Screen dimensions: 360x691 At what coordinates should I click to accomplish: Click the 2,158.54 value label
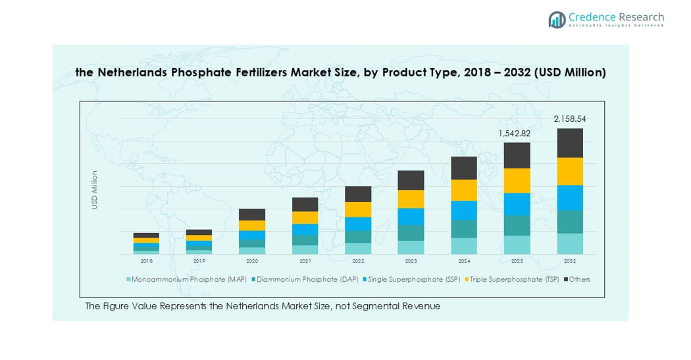click(x=570, y=119)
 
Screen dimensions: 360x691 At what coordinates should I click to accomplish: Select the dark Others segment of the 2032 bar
click(x=570, y=143)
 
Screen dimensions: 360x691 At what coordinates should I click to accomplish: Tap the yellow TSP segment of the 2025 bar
click(x=517, y=180)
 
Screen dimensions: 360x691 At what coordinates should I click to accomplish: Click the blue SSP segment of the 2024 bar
click(x=464, y=210)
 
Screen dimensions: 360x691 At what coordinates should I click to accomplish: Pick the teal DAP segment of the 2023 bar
click(x=411, y=233)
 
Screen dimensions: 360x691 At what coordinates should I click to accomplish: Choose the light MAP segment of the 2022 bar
click(x=358, y=248)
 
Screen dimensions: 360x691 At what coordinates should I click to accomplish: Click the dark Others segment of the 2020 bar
click(x=252, y=215)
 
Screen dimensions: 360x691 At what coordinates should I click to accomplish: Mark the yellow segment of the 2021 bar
click(x=305, y=217)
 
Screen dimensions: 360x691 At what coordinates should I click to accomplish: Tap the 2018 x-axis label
click(x=146, y=261)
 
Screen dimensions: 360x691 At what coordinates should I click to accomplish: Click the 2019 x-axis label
click(x=199, y=261)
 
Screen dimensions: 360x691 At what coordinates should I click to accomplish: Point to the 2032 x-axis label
click(x=570, y=261)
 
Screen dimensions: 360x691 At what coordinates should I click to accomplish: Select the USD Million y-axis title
click(x=95, y=190)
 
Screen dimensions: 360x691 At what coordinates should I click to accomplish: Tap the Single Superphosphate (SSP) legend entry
click(x=413, y=280)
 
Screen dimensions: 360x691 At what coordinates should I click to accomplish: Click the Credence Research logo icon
click(x=557, y=20)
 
